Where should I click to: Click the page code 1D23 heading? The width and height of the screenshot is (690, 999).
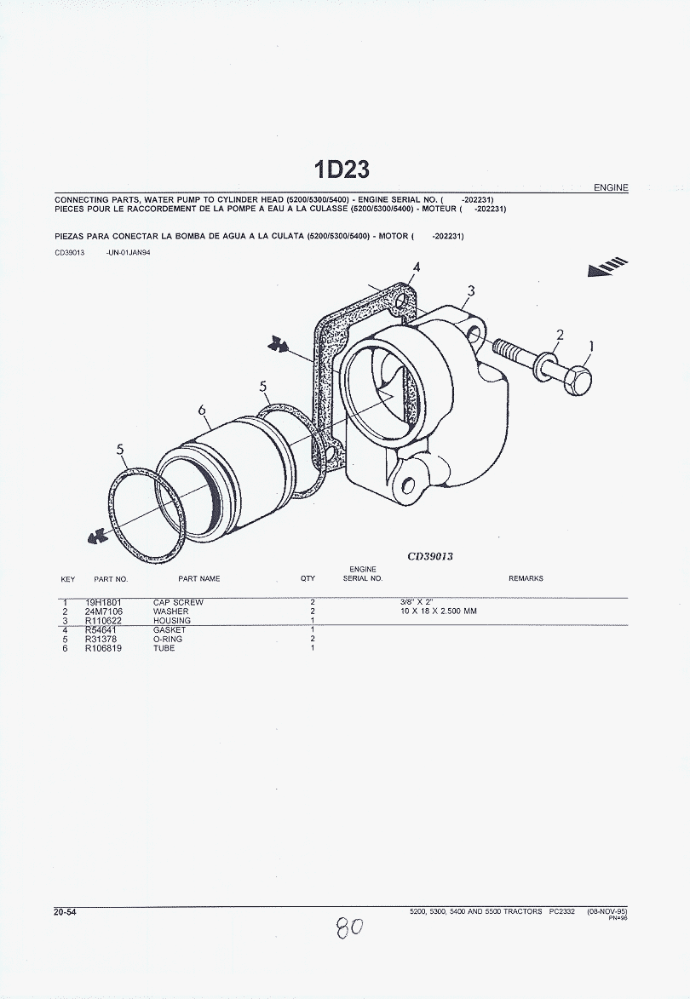(x=342, y=169)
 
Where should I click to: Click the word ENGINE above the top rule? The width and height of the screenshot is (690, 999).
(x=611, y=187)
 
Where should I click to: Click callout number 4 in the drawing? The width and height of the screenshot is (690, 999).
(x=417, y=267)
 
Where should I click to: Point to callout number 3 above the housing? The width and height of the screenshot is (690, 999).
(x=471, y=291)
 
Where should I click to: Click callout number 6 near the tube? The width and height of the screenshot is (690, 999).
(x=202, y=410)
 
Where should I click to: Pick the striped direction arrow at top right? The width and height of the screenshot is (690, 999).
(x=608, y=267)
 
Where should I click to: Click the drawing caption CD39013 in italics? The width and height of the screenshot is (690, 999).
(x=430, y=556)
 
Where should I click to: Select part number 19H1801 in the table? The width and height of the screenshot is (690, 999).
(x=103, y=602)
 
